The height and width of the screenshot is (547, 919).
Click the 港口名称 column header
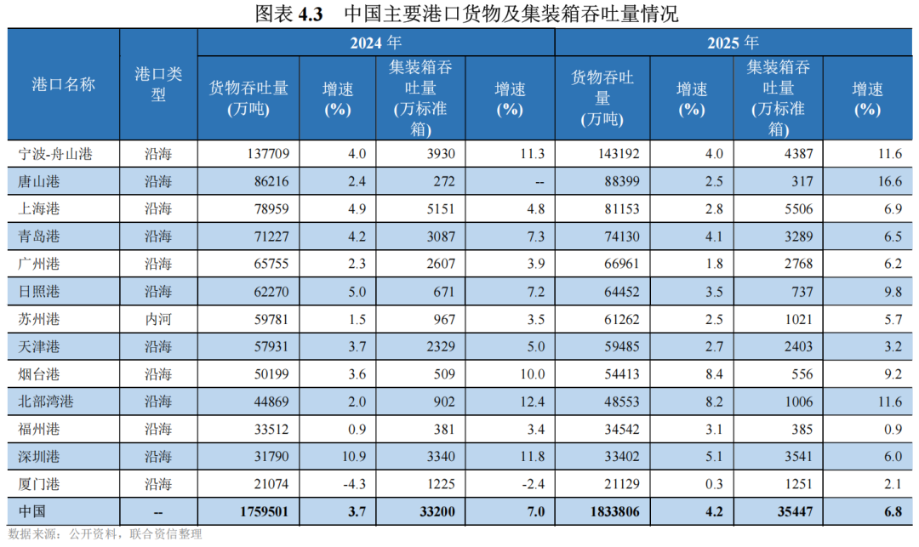click(63, 85)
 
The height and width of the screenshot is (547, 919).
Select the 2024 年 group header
click(376, 43)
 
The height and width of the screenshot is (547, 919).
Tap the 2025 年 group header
click(733, 43)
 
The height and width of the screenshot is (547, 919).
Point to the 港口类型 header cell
click(158, 84)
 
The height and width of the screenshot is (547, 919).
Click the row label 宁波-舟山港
click(55, 154)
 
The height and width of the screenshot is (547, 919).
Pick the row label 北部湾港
click(46, 402)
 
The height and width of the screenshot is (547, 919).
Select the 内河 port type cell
click(158, 319)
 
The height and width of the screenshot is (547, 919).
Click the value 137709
click(268, 154)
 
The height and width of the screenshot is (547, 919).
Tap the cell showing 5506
click(798, 209)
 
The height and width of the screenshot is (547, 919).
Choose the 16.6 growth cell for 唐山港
click(890, 181)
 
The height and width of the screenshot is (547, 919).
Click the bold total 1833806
click(615, 512)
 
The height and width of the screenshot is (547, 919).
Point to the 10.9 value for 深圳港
click(354, 457)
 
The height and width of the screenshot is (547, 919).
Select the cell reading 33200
click(437, 512)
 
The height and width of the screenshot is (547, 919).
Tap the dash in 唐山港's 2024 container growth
click(539, 183)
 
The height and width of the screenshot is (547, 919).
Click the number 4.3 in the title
click(311, 14)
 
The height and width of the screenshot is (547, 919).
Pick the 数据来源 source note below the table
click(105, 534)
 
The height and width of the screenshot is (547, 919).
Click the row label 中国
click(31, 512)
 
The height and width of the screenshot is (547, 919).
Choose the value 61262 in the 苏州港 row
click(622, 319)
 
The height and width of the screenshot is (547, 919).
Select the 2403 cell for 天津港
click(798, 347)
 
